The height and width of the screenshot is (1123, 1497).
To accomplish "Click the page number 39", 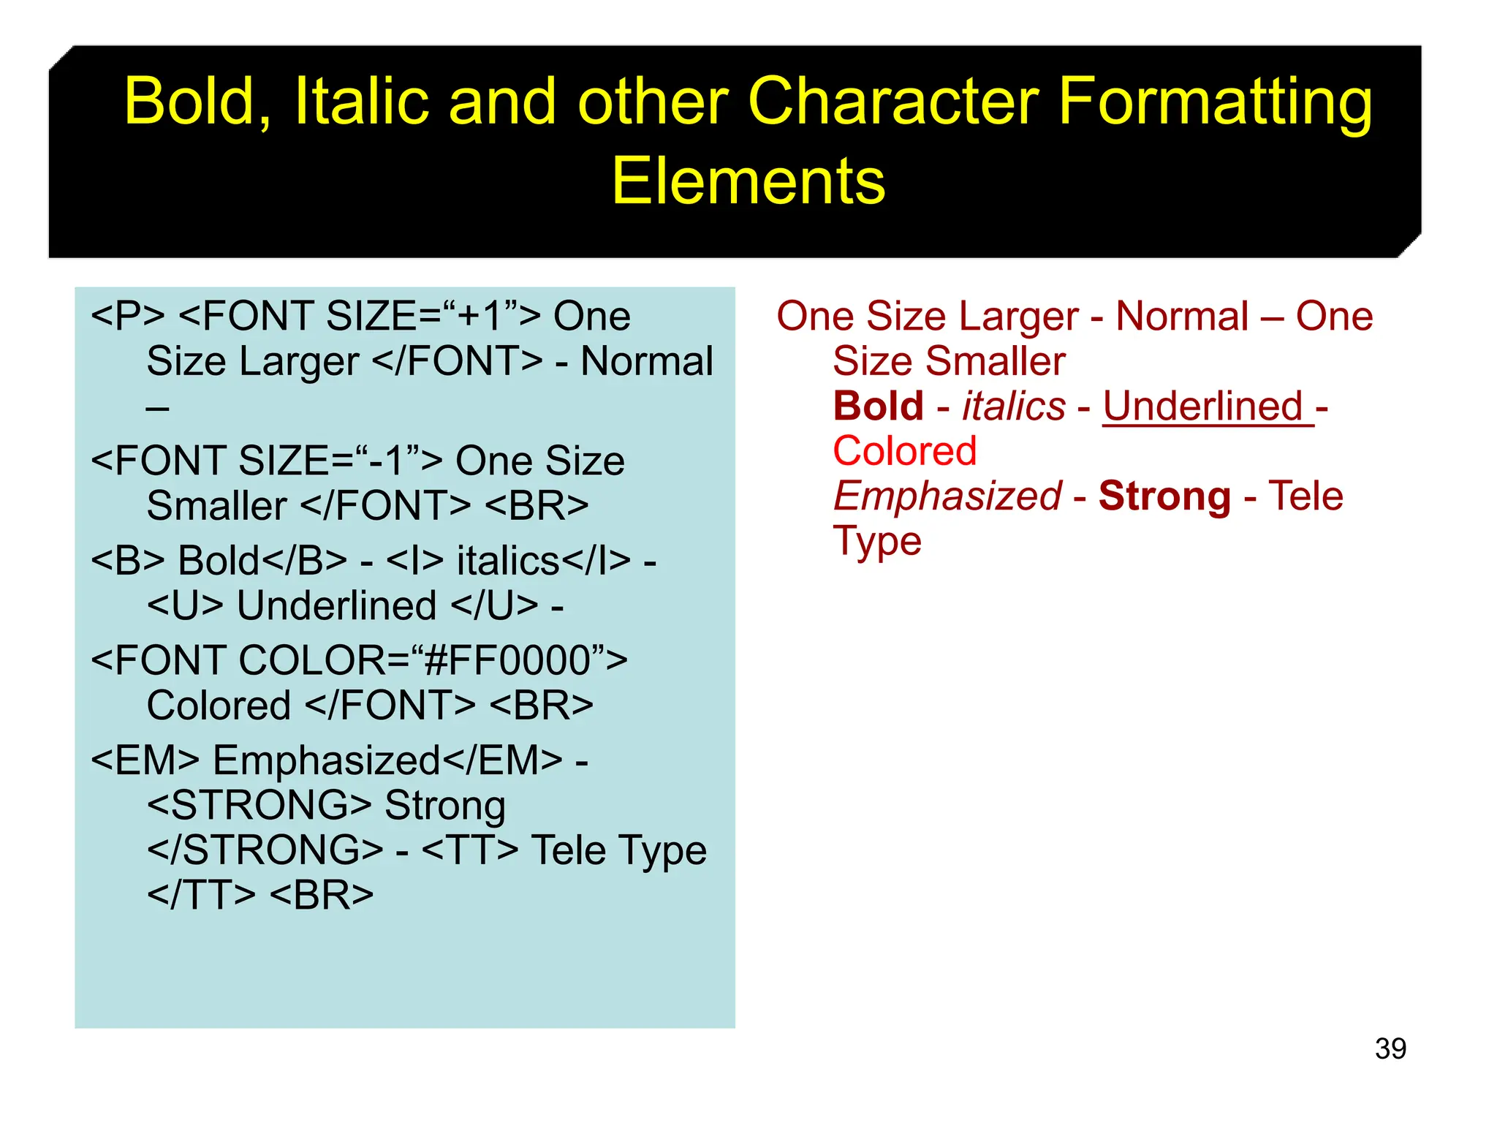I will tap(1390, 1048).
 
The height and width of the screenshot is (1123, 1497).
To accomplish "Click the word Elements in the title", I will tap(748, 181).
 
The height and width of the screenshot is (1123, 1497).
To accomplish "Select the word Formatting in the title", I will tap(1214, 102).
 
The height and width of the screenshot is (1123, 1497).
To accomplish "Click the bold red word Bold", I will tap(878, 406).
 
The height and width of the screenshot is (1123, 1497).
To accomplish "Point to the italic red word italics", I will tap(1013, 406).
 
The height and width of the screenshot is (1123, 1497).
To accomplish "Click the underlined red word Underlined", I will tap(1203, 406).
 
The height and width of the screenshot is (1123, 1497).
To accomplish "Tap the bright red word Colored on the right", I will tap(904, 450).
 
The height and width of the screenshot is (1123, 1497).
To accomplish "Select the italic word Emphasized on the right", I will tap(947, 496).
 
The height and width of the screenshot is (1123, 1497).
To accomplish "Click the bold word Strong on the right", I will tap(1164, 496).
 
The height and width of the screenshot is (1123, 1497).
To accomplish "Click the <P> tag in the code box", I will tap(127, 317).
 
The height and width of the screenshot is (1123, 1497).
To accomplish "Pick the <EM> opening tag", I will tap(145, 760).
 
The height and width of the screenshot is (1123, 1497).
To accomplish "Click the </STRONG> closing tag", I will tap(265, 850).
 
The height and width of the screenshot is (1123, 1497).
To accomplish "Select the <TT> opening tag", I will tap(470, 850).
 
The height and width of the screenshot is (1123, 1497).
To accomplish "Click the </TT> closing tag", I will tap(201, 895).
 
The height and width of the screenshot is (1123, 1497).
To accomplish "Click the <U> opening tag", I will tap(185, 606).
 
